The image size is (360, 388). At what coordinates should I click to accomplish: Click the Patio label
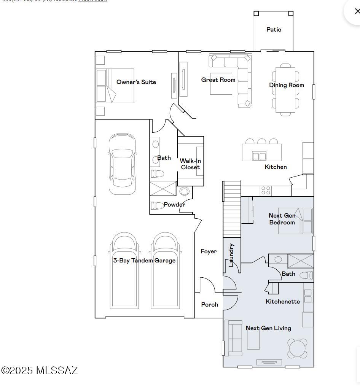pyautogui.click(x=274, y=30)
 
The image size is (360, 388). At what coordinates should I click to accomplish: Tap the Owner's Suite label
pyautogui.click(x=136, y=82)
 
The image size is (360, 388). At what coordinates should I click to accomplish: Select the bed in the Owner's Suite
pyautogui.click(x=115, y=86)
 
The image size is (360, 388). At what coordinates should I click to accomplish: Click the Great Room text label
pyautogui.click(x=218, y=80)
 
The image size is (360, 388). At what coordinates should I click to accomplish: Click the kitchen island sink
pyautogui.click(x=259, y=156)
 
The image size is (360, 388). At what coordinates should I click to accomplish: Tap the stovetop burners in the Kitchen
pyautogui.click(x=266, y=190)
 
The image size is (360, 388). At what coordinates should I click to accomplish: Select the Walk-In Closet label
pyautogui.click(x=190, y=164)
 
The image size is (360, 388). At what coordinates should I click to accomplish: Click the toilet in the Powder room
pyautogui.click(x=157, y=206)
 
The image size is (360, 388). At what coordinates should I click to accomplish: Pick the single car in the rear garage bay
pyautogui.click(x=122, y=164)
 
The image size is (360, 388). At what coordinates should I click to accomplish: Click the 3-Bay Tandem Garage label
pyautogui.click(x=144, y=261)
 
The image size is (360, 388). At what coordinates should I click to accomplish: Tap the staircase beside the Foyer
pyautogui.click(x=232, y=209)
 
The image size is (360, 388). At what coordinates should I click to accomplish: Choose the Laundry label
pyautogui.click(x=231, y=255)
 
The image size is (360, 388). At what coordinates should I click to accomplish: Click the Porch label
pyautogui.click(x=209, y=305)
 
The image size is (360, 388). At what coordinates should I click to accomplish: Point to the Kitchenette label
pyautogui.click(x=282, y=302)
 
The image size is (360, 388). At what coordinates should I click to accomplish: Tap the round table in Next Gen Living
pyautogui.click(x=298, y=348)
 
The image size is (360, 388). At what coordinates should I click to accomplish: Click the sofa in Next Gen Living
pyautogui.click(x=233, y=338)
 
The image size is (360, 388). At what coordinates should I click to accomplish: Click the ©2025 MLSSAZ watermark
pyautogui.click(x=40, y=371)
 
